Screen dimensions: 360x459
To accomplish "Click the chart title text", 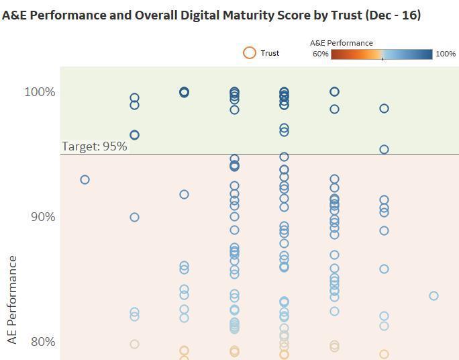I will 211,15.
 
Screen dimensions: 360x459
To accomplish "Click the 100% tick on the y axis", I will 40,91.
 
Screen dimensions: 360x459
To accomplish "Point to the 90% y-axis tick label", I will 41,216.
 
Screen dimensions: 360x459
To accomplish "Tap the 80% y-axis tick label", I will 41,341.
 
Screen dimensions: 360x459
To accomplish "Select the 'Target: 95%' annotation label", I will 95,146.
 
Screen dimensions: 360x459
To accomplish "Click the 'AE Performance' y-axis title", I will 12,300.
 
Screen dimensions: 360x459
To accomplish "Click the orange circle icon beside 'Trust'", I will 250,53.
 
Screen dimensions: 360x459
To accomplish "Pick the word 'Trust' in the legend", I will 270,53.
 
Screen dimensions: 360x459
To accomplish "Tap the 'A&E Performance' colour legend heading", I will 341,43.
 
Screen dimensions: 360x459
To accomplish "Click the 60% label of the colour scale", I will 320,54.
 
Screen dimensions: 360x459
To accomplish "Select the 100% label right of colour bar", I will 446,54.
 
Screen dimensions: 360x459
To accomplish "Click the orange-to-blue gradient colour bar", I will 381,54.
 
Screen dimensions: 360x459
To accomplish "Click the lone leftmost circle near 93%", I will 85,179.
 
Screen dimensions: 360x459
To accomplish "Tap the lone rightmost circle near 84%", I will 433,296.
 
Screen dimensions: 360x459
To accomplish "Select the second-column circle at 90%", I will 134,217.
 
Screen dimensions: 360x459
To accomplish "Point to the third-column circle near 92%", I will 184,194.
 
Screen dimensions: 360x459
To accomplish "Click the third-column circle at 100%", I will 184,92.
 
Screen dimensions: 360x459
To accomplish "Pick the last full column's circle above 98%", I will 384,108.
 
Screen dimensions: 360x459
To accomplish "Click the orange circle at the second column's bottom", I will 134,344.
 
